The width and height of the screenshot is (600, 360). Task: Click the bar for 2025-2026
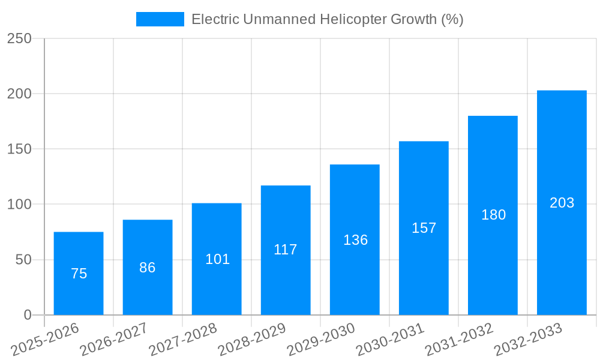click(79, 273)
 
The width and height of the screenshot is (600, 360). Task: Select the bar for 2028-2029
click(286, 250)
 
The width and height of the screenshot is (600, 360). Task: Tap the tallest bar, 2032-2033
click(562, 202)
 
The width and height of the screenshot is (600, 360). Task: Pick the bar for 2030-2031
click(424, 228)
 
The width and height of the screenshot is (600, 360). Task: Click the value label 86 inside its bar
click(148, 268)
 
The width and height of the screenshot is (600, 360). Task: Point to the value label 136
click(355, 240)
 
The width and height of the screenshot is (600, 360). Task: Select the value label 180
click(493, 215)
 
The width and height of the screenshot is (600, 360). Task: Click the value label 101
click(217, 259)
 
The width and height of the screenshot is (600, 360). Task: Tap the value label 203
click(562, 203)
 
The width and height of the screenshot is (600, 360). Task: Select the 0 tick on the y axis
click(27, 315)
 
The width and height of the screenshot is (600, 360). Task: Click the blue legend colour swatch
click(160, 19)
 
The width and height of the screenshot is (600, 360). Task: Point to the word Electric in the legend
click(215, 19)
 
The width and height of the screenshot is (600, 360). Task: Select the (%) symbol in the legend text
click(452, 19)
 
